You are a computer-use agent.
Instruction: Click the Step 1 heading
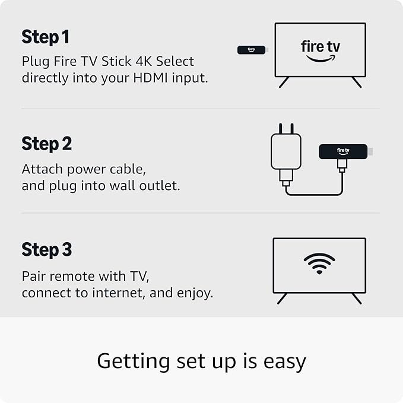click(46, 37)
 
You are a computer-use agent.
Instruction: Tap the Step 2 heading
click(46, 144)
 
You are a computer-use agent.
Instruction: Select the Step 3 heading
click(46, 249)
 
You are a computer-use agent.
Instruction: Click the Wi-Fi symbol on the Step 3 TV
click(319, 264)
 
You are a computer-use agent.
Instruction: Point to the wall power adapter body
click(286, 151)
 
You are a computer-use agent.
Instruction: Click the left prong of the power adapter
click(280, 129)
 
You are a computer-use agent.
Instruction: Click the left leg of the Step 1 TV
click(284, 82)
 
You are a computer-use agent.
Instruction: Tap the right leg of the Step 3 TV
click(357, 299)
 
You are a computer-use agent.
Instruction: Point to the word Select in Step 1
click(174, 61)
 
